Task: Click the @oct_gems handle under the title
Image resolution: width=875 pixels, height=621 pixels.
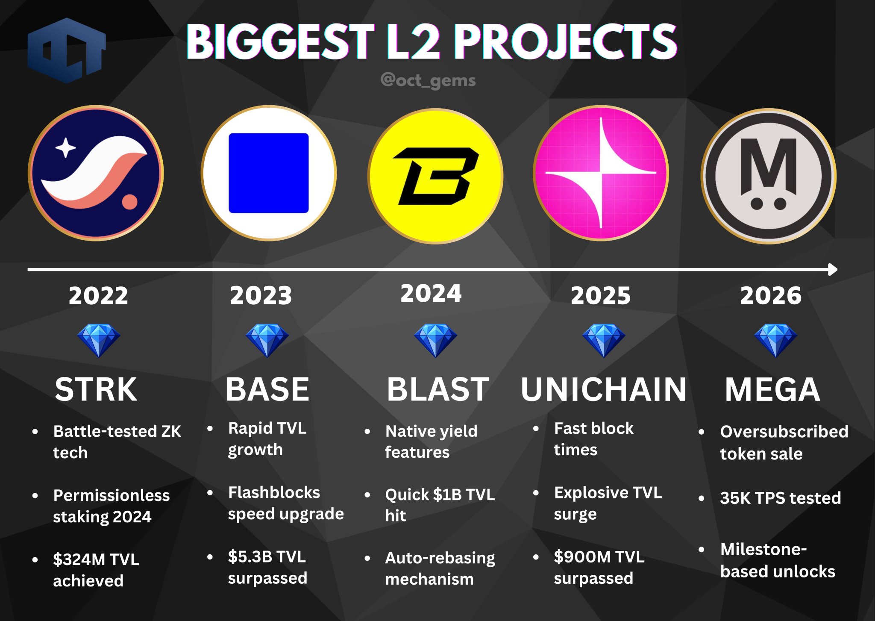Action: (428, 80)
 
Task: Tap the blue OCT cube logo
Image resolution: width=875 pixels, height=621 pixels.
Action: (67, 50)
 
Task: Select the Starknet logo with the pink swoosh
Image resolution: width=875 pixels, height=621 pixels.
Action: (96, 173)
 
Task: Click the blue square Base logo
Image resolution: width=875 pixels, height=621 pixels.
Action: (269, 173)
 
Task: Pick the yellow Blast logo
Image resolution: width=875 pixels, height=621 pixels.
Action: (435, 176)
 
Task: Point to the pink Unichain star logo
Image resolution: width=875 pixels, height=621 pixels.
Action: (601, 173)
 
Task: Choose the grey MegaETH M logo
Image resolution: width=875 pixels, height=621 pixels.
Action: (769, 176)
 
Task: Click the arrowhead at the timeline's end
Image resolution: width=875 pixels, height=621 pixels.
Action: (833, 269)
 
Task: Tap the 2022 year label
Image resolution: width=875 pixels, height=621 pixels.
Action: (98, 295)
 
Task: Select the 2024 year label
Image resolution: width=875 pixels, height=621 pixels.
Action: (431, 293)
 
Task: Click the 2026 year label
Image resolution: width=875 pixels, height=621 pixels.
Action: (771, 295)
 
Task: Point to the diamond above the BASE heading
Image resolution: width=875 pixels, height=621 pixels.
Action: (267, 340)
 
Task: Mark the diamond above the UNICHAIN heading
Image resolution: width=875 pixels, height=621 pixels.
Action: (604, 340)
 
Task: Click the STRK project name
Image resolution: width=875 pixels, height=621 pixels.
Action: (96, 389)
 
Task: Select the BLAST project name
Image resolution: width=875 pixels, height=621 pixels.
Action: (438, 389)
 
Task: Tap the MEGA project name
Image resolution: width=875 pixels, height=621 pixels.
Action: (772, 389)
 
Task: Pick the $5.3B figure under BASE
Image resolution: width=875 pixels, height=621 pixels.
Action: (250, 556)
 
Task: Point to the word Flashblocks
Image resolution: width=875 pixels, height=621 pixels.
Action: (274, 492)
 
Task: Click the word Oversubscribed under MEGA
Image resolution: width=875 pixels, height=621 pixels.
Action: (784, 432)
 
